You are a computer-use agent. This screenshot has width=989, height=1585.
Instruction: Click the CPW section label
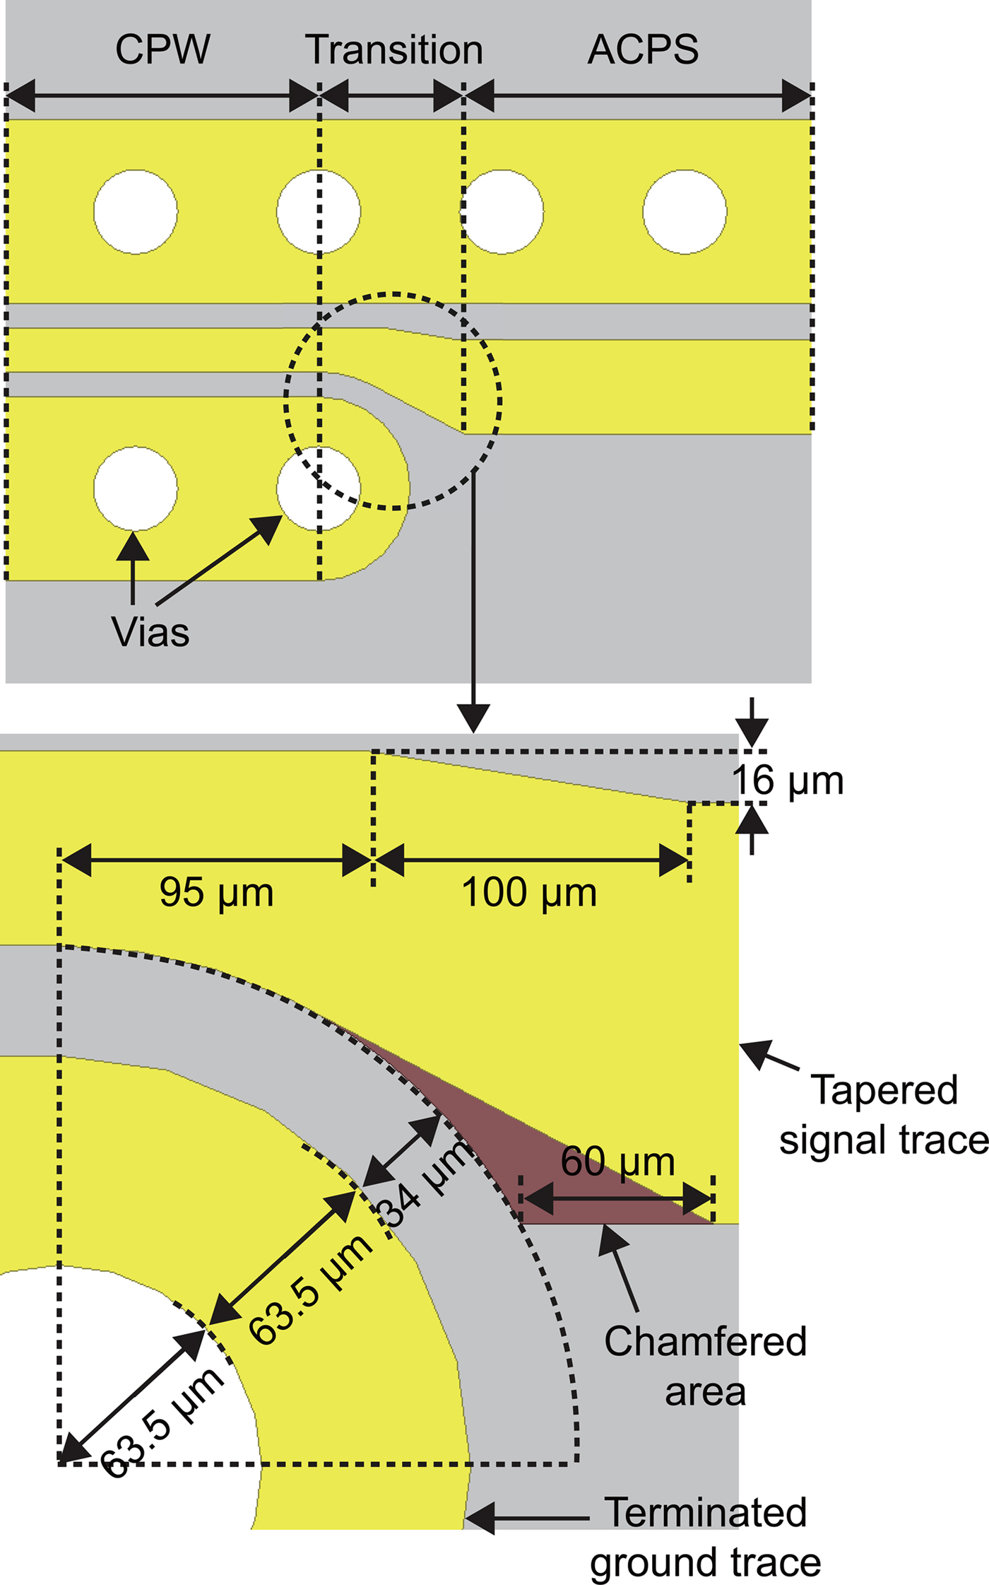click(x=162, y=49)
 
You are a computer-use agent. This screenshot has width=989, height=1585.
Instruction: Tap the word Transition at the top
click(x=393, y=49)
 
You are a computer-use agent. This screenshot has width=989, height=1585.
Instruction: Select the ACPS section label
click(x=643, y=49)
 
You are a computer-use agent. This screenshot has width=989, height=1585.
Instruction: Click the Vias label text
click(x=150, y=631)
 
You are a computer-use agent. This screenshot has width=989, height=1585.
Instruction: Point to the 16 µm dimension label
click(x=788, y=781)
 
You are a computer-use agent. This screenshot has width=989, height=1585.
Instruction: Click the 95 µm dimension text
click(x=216, y=892)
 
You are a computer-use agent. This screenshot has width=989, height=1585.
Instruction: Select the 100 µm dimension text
click(x=529, y=892)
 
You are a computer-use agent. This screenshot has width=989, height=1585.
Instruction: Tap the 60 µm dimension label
click(x=618, y=1162)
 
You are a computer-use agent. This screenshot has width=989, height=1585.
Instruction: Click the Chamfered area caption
click(x=705, y=1366)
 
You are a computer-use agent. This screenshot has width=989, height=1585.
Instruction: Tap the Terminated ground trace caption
click(x=705, y=1538)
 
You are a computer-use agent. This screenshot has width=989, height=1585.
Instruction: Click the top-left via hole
click(x=136, y=211)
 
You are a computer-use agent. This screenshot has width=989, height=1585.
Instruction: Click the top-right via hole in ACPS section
click(x=685, y=211)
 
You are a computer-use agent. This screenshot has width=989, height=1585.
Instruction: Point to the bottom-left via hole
click(x=136, y=488)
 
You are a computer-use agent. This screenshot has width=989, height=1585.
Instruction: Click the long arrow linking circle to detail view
click(x=473, y=601)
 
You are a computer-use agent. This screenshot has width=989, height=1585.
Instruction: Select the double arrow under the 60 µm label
click(x=617, y=1199)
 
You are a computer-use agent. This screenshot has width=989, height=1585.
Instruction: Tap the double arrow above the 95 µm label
click(x=216, y=860)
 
